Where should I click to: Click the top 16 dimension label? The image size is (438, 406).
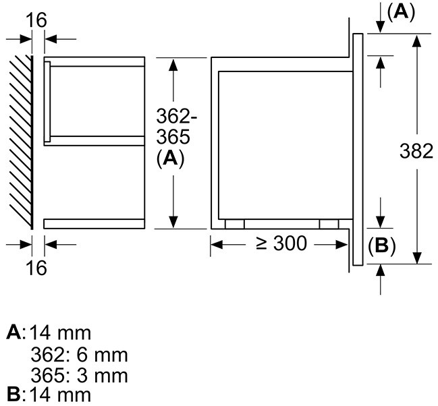(x=37, y=20)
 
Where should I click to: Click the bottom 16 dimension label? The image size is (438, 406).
(x=37, y=268)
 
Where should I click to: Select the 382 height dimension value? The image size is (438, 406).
(x=414, y=152)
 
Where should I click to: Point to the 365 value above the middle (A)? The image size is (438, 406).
(x=175, y=137)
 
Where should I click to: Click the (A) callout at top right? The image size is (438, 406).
(x=395, y=11)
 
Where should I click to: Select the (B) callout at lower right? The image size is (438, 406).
(x=381, y=246)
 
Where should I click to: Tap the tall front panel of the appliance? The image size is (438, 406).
(x=357, y=148)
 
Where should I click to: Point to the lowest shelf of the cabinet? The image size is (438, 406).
(x=94, y=223)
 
